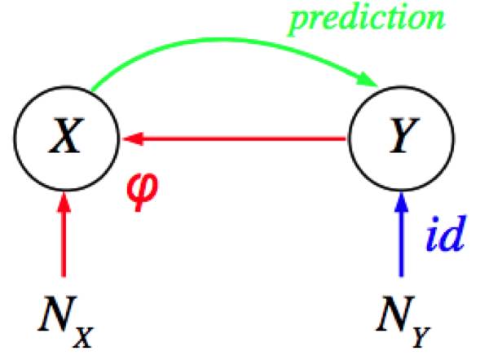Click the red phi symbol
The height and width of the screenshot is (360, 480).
[x=142, y=191]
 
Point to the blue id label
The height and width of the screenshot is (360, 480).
[x=447, y=234]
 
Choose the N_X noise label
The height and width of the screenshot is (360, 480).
[x=65, y=321]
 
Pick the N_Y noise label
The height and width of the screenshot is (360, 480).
[x=403, y=321]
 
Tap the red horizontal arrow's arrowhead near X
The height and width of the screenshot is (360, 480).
[x=133, y=138]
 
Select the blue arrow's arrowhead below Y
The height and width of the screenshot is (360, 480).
[x=401, y=202]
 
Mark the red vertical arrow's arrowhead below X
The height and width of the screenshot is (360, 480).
[x=64, y=202]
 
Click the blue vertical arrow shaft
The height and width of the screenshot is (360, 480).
[x=401, y=244]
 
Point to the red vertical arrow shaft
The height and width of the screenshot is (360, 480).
[x=64, y=244]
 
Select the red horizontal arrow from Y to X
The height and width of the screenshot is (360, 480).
[x=234, y=138]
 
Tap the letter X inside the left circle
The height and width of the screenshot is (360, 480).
[x=67, y=135]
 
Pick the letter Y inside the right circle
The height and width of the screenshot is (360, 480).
[x=403, y=135]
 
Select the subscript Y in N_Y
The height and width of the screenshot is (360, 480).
[x=421, y=338]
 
